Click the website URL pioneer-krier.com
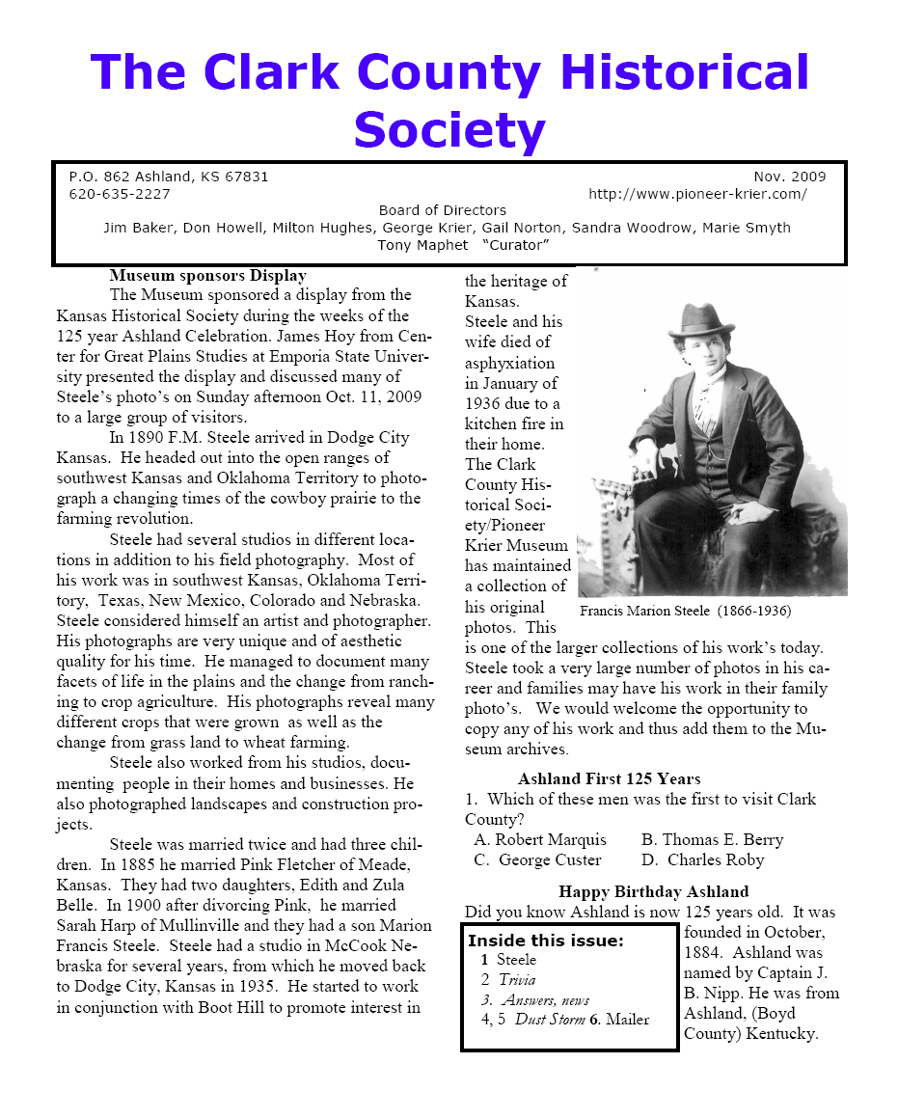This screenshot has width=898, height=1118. [697, 194]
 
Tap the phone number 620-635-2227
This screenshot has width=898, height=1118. [120, 194]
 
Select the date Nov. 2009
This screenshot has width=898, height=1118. [789, 177]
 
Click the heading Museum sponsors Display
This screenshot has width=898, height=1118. [207, 276]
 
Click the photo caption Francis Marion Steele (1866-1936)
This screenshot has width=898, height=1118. [686, 611]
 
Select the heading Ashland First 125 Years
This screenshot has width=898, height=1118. [609, 778]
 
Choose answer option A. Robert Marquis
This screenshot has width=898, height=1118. [540, 839]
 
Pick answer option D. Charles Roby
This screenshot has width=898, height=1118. [702, 859]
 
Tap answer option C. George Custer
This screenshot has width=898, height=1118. [537, 859]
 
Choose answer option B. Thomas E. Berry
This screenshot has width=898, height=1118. [712, 839]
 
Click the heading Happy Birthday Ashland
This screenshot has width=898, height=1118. [653, 891]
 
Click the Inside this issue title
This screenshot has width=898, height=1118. [546, 941]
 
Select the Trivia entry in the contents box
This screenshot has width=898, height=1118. [516, 979]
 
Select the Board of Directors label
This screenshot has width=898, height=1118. [442, 210]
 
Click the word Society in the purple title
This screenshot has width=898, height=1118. [449, 130]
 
